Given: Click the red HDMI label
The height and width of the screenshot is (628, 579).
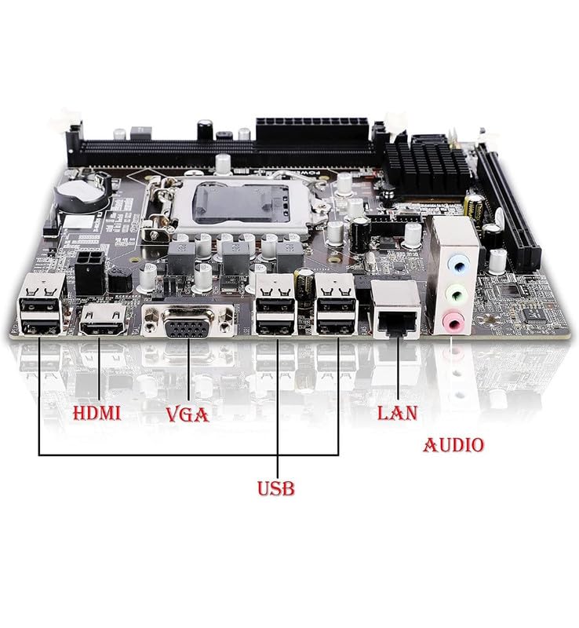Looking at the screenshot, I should point(96,413).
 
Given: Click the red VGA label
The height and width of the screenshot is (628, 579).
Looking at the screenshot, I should point(188,414).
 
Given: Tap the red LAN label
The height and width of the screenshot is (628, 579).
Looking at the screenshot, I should point(398,413).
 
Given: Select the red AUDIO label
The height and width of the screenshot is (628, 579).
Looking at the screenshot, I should point(453,445).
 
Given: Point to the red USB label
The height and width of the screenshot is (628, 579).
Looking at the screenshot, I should point(276,488).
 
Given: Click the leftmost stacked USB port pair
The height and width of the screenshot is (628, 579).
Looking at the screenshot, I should point(39,307).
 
